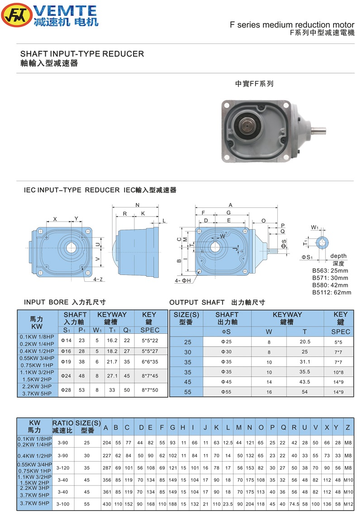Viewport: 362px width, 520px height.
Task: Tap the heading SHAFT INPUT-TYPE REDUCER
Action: coord(82,54)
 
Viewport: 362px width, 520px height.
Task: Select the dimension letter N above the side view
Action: coord(137,205)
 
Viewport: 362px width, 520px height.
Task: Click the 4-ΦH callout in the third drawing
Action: coord(183,281)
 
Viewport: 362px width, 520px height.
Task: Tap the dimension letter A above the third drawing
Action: coord(230,205)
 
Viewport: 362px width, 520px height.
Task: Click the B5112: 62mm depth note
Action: coord(332,292)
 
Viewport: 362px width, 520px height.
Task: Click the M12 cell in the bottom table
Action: coord(348,503)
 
